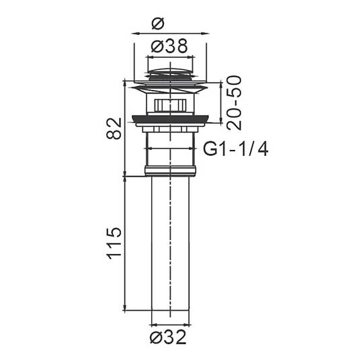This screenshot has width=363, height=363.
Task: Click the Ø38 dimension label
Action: (x=169, y=46)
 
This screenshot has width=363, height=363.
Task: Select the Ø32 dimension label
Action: (x=168, y=337)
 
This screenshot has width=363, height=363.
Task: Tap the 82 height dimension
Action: (x=114, y=128)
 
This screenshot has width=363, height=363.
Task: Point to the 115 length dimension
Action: (x=114, y=243)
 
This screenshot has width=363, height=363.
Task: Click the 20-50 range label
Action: (x=234, y=103)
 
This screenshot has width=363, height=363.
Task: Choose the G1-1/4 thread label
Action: (x=236, y=149)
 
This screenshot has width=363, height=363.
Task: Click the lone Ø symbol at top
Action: (x=158, y=24)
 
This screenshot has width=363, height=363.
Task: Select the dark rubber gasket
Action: (x=170, y=119)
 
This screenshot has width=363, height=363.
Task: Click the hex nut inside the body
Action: (x=170, y=106)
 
